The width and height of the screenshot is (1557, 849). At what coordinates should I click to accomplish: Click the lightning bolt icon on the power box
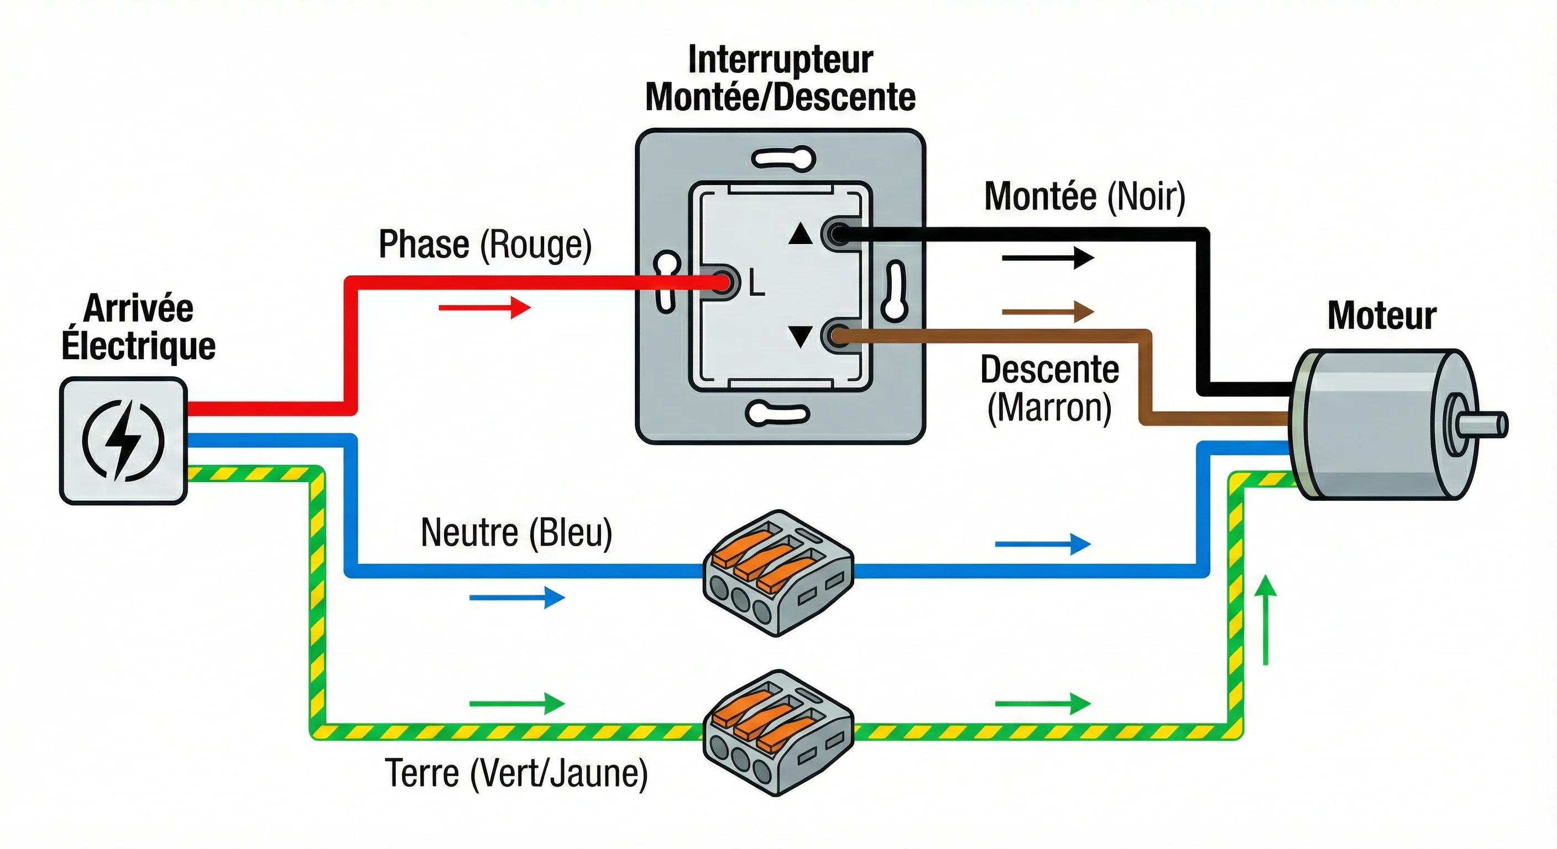coord(123,440)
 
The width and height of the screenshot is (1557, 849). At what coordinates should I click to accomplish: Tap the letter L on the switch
coord(757,283)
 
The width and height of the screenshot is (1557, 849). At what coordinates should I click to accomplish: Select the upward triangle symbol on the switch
coord(801,233)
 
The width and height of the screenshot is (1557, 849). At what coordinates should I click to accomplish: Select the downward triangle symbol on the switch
coord(801,336)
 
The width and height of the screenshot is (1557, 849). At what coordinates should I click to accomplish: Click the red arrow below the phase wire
coord(485,307)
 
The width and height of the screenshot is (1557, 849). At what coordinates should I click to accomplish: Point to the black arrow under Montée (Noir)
coord(1047,258)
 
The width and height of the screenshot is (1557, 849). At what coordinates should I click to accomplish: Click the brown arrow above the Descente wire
coord(1047,312)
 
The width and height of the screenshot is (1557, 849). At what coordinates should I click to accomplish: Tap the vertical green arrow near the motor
coord(1266,620)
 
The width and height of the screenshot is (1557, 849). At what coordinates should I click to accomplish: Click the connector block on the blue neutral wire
coord(778,572)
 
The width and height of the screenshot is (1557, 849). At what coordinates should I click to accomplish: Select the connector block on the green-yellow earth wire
coord(778,732)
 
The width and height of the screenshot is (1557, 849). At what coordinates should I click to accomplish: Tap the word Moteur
coord(1382,316)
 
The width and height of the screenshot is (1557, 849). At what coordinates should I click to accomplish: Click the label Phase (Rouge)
coord(485,245)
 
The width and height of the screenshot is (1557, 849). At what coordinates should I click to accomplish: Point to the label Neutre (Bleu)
coord(516,533)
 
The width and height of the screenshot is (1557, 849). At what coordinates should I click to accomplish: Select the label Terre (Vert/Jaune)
coord(516,773)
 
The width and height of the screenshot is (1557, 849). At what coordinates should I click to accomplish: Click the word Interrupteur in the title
coord(780,60)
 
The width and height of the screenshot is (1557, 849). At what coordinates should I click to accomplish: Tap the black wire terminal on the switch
coord(839,233)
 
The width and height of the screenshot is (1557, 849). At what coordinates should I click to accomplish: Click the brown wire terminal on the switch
coord(839,336)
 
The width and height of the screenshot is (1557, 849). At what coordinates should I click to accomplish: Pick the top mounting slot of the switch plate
coord(783,160)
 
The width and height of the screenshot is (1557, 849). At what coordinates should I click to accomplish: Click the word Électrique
coord(138,345)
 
